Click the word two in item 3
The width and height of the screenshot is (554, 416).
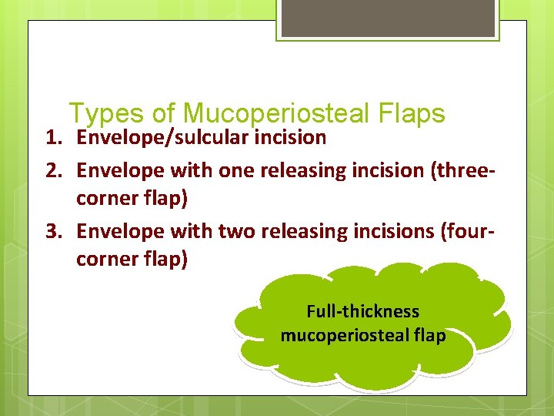[x=237, y=230]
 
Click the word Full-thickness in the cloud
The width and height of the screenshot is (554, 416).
[x=363, y=312]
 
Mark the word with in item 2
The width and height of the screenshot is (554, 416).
[x=192, y=170]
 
